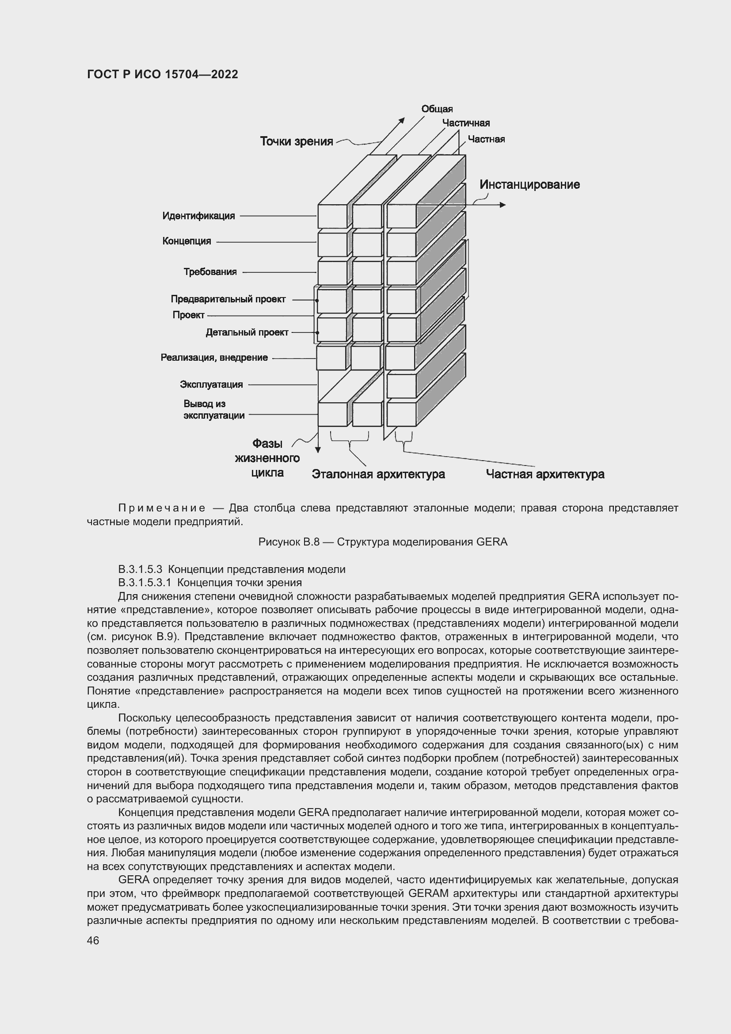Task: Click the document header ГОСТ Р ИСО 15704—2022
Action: [163, 75]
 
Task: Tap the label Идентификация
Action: [198, 216]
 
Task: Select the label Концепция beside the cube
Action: [187, 241]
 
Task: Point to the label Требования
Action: [210, 272]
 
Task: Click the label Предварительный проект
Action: [228, 299]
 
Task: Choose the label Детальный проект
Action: [247, 333]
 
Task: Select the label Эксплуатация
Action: [211, 385]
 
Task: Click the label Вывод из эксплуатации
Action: [214, 410]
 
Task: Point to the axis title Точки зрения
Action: [296, 141]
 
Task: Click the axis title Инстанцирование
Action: [529, 185]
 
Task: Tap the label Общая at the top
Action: [437, 109]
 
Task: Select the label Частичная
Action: [465, 123]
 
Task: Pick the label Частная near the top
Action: [486, 140]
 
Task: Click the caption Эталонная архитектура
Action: [378, 474]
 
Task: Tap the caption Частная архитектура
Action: [544, 474]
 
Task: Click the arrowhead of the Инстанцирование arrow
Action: [503, 205]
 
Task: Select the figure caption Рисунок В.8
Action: [383, 542]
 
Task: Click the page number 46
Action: [93, 941]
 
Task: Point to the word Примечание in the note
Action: [162, 508]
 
